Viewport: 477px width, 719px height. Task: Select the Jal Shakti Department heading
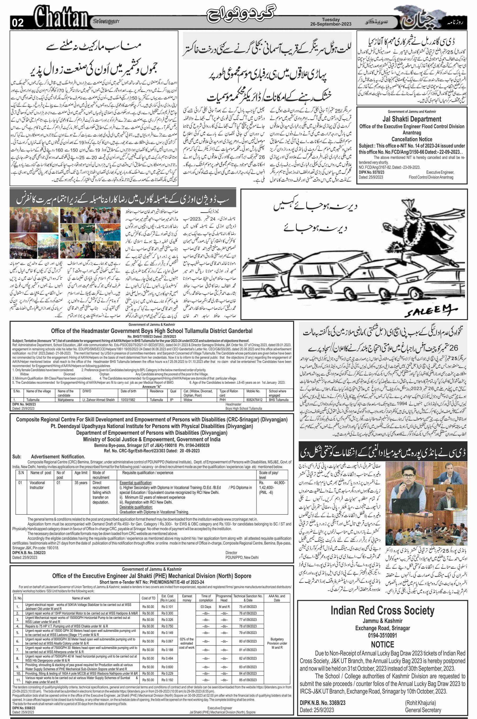click(412, 119)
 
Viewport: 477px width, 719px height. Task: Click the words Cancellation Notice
click(412, 139)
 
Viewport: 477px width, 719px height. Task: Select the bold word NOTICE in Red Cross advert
click(382, 645)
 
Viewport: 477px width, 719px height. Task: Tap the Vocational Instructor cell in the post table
click(37, 485)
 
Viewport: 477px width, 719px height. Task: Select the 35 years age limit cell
click(81, 483)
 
